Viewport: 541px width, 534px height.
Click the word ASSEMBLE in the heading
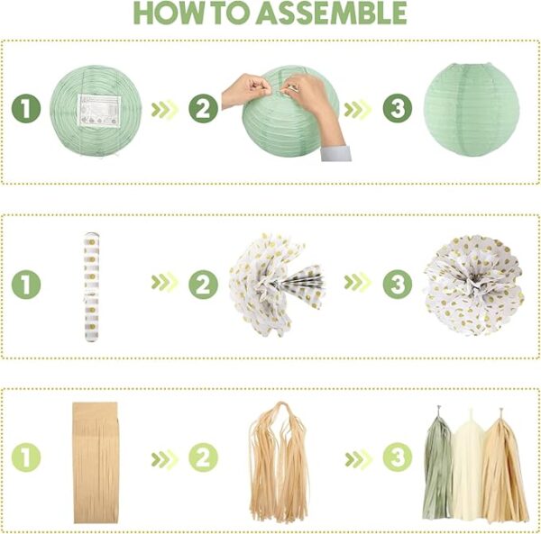[331, 14]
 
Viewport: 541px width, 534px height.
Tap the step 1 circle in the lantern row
[26, 109]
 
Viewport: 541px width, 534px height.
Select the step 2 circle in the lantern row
[203, 109]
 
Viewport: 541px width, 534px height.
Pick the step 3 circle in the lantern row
[398, 108]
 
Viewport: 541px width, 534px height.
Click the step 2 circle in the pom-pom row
[203, 285]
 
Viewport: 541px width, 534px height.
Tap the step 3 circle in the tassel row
[398, 457]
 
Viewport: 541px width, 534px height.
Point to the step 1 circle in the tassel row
[26, 457]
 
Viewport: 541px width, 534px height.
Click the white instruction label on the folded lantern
[99, 111]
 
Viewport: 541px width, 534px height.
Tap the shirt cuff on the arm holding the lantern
[335, 153]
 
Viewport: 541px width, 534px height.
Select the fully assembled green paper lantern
[472, 110]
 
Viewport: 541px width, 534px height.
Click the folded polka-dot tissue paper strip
[92, 287]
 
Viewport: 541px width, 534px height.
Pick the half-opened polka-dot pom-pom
[276, 285]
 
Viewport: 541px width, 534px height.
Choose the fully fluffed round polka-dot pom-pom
[474, 285]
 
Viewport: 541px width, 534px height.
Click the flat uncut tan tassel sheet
[96, 463]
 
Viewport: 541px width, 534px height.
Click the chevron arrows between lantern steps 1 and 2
[165, 110]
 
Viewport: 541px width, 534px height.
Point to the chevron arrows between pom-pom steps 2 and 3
[358, 282]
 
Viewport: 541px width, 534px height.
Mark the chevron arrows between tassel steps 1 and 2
[165, 459]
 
